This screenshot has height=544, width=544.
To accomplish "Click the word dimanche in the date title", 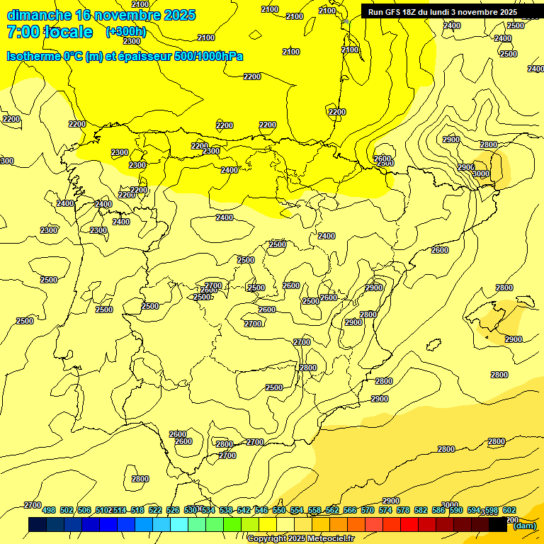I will pyautogui.click(x=39, y=15).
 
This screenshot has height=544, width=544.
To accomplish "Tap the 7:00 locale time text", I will pyautogui.click(x=50, y=32).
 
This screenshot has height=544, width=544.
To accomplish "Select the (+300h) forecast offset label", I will pyautogui.click(x=125, y=32).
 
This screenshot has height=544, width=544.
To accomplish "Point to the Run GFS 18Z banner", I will pyautogui.click(x=442, y=12).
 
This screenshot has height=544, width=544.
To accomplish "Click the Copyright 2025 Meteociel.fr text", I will pyautogui.click(x=300, y=538).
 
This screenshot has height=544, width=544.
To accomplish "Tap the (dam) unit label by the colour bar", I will pyautogui.click(x=524, y=526).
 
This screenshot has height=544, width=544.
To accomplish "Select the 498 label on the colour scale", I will pyautogui.click(x=49, y=511).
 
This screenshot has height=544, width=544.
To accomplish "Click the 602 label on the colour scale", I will pyautogui.click(x=509, y=511).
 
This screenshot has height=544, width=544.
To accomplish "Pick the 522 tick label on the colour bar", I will pyautogui.click(x=155, y=511).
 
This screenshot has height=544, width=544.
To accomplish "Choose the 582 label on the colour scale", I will pyautogui.click(x=421, y=511).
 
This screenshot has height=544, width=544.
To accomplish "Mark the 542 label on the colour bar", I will pyautogui.click(x=244, y=511).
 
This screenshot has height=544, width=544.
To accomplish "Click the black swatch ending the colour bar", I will pyautogui.click(x=498, y=525).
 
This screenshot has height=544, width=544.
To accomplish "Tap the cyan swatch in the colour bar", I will pyautogui.click(x=179, y=525).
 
